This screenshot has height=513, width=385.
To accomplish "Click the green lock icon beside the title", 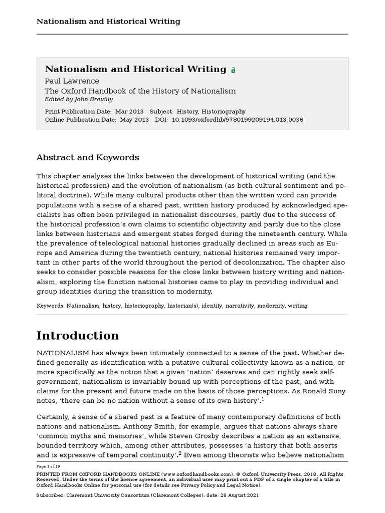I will pos(233,71).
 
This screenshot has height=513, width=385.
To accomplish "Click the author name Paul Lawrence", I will pos(72,81).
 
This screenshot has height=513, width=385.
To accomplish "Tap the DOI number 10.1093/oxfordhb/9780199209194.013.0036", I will pos(237,120).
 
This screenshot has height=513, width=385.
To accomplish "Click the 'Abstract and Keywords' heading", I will pos(88,157).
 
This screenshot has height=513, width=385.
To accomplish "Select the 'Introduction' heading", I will pos(78,335).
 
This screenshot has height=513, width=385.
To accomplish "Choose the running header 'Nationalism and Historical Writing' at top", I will pos(108,22).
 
